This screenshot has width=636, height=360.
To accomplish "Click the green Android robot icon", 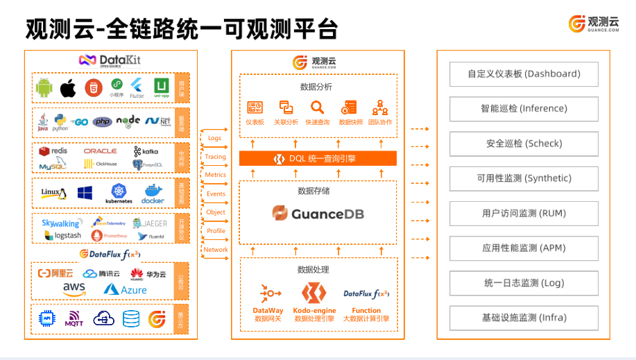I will [x=44, y=88].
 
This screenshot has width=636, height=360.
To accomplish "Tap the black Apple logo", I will [x=68, y=88].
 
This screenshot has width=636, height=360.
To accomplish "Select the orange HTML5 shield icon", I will [x=93, y=88].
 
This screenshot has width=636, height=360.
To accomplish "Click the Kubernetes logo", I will [x=118, y=191].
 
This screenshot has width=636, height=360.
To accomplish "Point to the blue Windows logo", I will [x=85, y=192].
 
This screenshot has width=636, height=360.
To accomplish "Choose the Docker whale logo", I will [x=153, y=192].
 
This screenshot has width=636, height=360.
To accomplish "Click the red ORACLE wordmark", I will [x=100, y=151].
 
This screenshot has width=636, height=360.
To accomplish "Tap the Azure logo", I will [x=126, y=289].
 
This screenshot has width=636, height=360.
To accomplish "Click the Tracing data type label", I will [x=215, y=157].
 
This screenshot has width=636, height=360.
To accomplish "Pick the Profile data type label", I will [x=216, y=231].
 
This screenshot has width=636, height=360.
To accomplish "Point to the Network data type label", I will [x=216, y=250].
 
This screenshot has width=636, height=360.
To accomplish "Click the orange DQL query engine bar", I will [x=318, y=159].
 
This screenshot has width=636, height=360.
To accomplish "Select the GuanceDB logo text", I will [x=318, y=214].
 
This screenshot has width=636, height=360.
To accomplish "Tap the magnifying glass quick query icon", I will [x=317, y=108].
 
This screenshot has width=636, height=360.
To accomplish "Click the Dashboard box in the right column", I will [x=524, y=74].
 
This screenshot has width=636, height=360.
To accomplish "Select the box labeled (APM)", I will [x=524, y=248].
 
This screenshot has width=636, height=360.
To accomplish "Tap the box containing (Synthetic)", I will [x=524, y=178].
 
